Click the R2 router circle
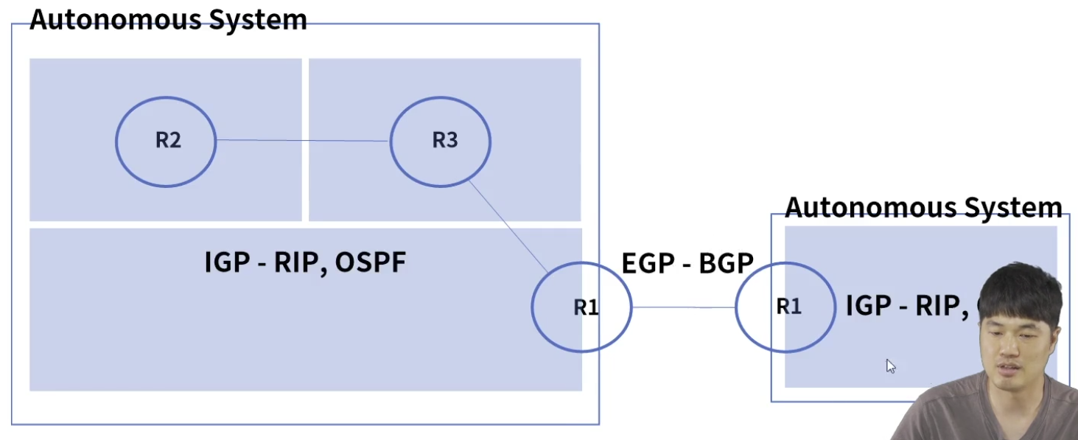click(x=166, y=141)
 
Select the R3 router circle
click(x=441, y=141)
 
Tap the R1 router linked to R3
click(x=581, y=307)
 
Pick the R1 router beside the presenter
click(x=785, y=306)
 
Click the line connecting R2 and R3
click(x=302, y=140)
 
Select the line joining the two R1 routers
click(x=683, y=307)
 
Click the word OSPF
click(x=370, y=262)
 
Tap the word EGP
click(x=648, y=263)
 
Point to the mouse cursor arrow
click(x=890, y=365)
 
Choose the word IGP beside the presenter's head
click(x=868, y=305)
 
